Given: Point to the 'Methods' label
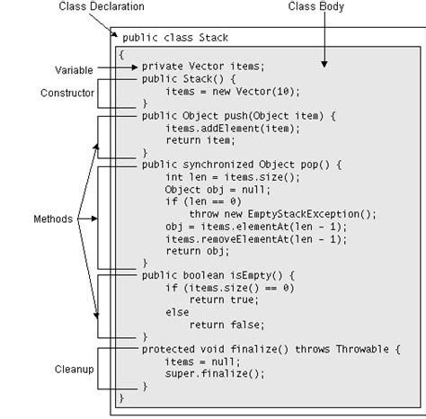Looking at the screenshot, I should tap(51, 218).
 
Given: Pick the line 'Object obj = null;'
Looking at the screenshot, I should tap(212, 191).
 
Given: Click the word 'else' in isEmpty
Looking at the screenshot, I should tap(176, 312).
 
